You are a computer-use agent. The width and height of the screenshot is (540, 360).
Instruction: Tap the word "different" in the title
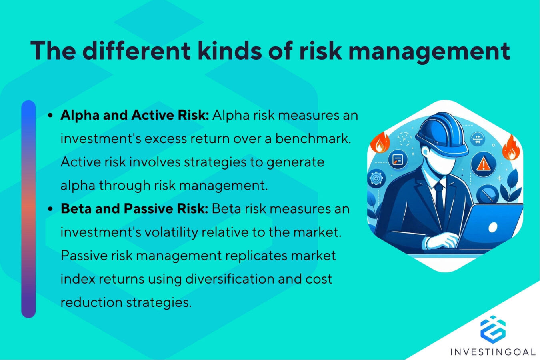pos(136,51)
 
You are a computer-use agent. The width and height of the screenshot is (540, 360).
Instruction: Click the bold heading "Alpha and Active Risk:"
pos(135,115)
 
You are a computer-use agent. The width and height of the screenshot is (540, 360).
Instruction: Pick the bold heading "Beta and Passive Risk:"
pos(134,209)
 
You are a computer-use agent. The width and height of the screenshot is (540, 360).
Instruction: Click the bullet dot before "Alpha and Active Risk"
pos(50,116)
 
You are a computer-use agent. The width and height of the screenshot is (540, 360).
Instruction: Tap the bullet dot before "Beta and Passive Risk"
pos(50,209)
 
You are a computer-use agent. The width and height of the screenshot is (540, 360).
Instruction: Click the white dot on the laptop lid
pos(493,227)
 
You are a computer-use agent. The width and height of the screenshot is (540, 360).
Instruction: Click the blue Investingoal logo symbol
pos(493,329)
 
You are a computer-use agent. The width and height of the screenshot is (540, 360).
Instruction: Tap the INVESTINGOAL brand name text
pos(493,352)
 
